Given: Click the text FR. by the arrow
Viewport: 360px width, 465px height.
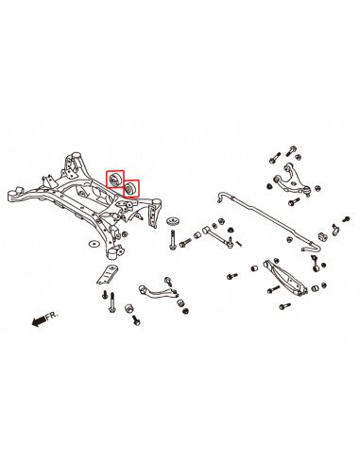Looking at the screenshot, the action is pyautogui.click(x=52, y=316).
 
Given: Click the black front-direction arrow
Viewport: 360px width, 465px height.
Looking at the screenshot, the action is pyautogui.click(x=39, y=321).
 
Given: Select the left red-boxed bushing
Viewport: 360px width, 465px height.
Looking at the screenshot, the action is pyautogui.click(x=114, y=180).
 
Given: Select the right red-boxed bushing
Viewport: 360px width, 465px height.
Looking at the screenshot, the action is pyautogui.click(x=130, y=188).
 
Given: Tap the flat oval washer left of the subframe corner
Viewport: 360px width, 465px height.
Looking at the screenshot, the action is pyautogui.click(x=94, y=244).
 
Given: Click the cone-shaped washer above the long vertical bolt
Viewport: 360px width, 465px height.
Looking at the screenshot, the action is pyautogui.click(x=173, y=221).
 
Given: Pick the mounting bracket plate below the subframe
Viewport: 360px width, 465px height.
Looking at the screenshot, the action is pyautogui.click(x=107, y=274).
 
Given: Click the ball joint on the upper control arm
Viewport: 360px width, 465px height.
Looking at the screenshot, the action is pyautogui.click(x=308, y=191).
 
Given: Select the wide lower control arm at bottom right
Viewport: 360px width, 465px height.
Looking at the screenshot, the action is pyautogui.click(x=284, y=277).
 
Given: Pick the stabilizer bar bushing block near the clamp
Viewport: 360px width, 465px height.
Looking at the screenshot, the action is pyautogui.click(x=322, y=236).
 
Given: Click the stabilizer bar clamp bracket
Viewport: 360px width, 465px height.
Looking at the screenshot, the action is pyautogui.click(x=334, y=230).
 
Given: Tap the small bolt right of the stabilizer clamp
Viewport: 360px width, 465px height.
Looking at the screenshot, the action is pyautogui.click(x=346, y=219).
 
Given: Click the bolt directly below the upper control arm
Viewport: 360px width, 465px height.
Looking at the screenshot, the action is pyautogui.click(x=294, y=201).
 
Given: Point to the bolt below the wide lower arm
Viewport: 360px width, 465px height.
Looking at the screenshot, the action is pyautogui.click(x=284, y=306).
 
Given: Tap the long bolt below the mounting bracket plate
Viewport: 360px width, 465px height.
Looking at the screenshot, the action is pyautogui.click(x=111, y=302).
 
